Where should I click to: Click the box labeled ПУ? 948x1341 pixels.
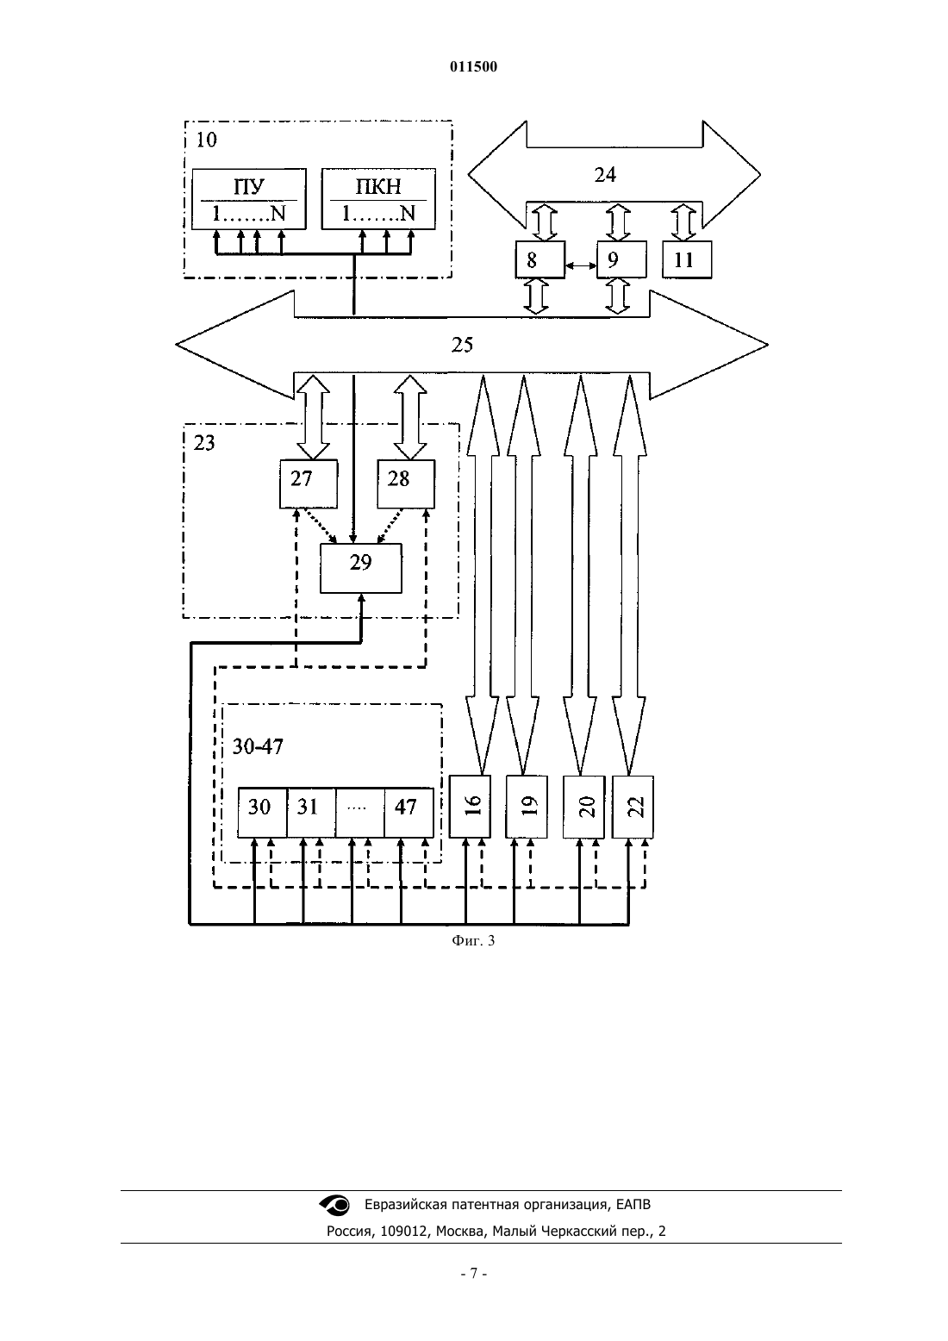point(248,199)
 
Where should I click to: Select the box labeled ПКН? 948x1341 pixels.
point(378,199)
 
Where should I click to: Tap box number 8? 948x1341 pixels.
point(539,259)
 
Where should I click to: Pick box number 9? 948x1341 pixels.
point(621,259)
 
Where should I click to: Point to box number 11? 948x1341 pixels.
point(687,259)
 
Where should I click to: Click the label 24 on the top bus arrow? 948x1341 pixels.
point(605,175)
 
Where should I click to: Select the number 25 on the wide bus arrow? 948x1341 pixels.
point(462,345)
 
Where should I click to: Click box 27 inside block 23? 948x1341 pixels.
point(309,484)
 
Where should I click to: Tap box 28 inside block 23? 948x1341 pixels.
point(406,484)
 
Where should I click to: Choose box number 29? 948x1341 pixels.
point(361,568)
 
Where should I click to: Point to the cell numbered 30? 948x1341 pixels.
point(262,813)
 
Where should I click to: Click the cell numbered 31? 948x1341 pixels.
point(311,813)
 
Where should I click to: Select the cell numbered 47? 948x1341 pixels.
point(409,813)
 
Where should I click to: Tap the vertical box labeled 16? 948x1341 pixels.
point(470,807)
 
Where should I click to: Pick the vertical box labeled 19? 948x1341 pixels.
point(527,807)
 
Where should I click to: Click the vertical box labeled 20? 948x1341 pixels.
point(584,807)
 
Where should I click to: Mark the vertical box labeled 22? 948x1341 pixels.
point(633,807)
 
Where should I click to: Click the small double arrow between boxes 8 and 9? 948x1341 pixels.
point(581,265)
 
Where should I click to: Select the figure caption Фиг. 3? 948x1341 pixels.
point(473,940)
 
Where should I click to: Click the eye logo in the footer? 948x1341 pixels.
point(334,1205)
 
